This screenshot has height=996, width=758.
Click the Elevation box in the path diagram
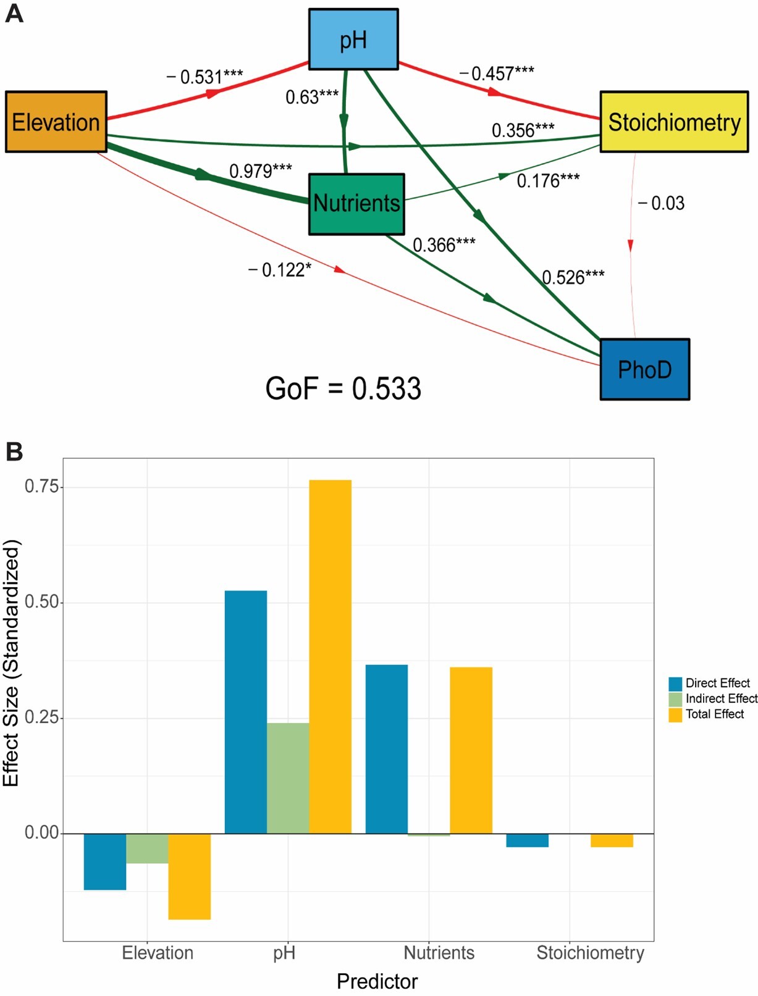click(56, 122)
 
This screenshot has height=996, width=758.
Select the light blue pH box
click(353, 40)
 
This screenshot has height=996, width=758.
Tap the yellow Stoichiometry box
click(674, 122)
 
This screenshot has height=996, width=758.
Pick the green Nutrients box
click(356, 204)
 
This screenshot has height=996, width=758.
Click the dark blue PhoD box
click(644, 369)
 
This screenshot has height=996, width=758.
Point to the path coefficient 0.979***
click(261, 170)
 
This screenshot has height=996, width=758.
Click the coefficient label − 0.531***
click(204, 77)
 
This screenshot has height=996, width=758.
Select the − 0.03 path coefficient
click(660, 203)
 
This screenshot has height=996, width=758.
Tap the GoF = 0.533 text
click(343, 388)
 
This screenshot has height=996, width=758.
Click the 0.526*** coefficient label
click(573, 277)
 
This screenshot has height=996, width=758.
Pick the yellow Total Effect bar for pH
click(330, 656)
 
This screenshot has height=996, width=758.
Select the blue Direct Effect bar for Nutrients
click(387, 749)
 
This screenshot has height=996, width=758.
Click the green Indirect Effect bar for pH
click(288, 778)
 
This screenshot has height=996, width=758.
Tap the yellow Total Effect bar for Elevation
click(190, 876)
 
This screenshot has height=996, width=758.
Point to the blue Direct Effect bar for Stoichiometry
click(527, 840)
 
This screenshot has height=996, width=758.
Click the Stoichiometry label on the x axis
click(590, 953)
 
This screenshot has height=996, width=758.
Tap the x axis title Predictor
click(377, 981)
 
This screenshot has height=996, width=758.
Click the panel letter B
click(14, 451)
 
